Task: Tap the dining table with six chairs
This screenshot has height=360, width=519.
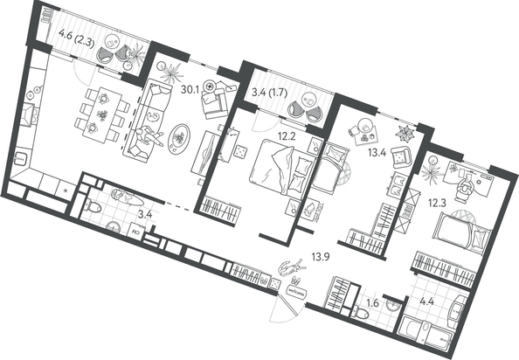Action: pyautogui.click(x=102, y=114)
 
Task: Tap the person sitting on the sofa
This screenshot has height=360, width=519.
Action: pyautogui.click(x=150, y=136)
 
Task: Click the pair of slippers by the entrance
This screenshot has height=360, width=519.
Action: pyautogui.click(x=297, y=280)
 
